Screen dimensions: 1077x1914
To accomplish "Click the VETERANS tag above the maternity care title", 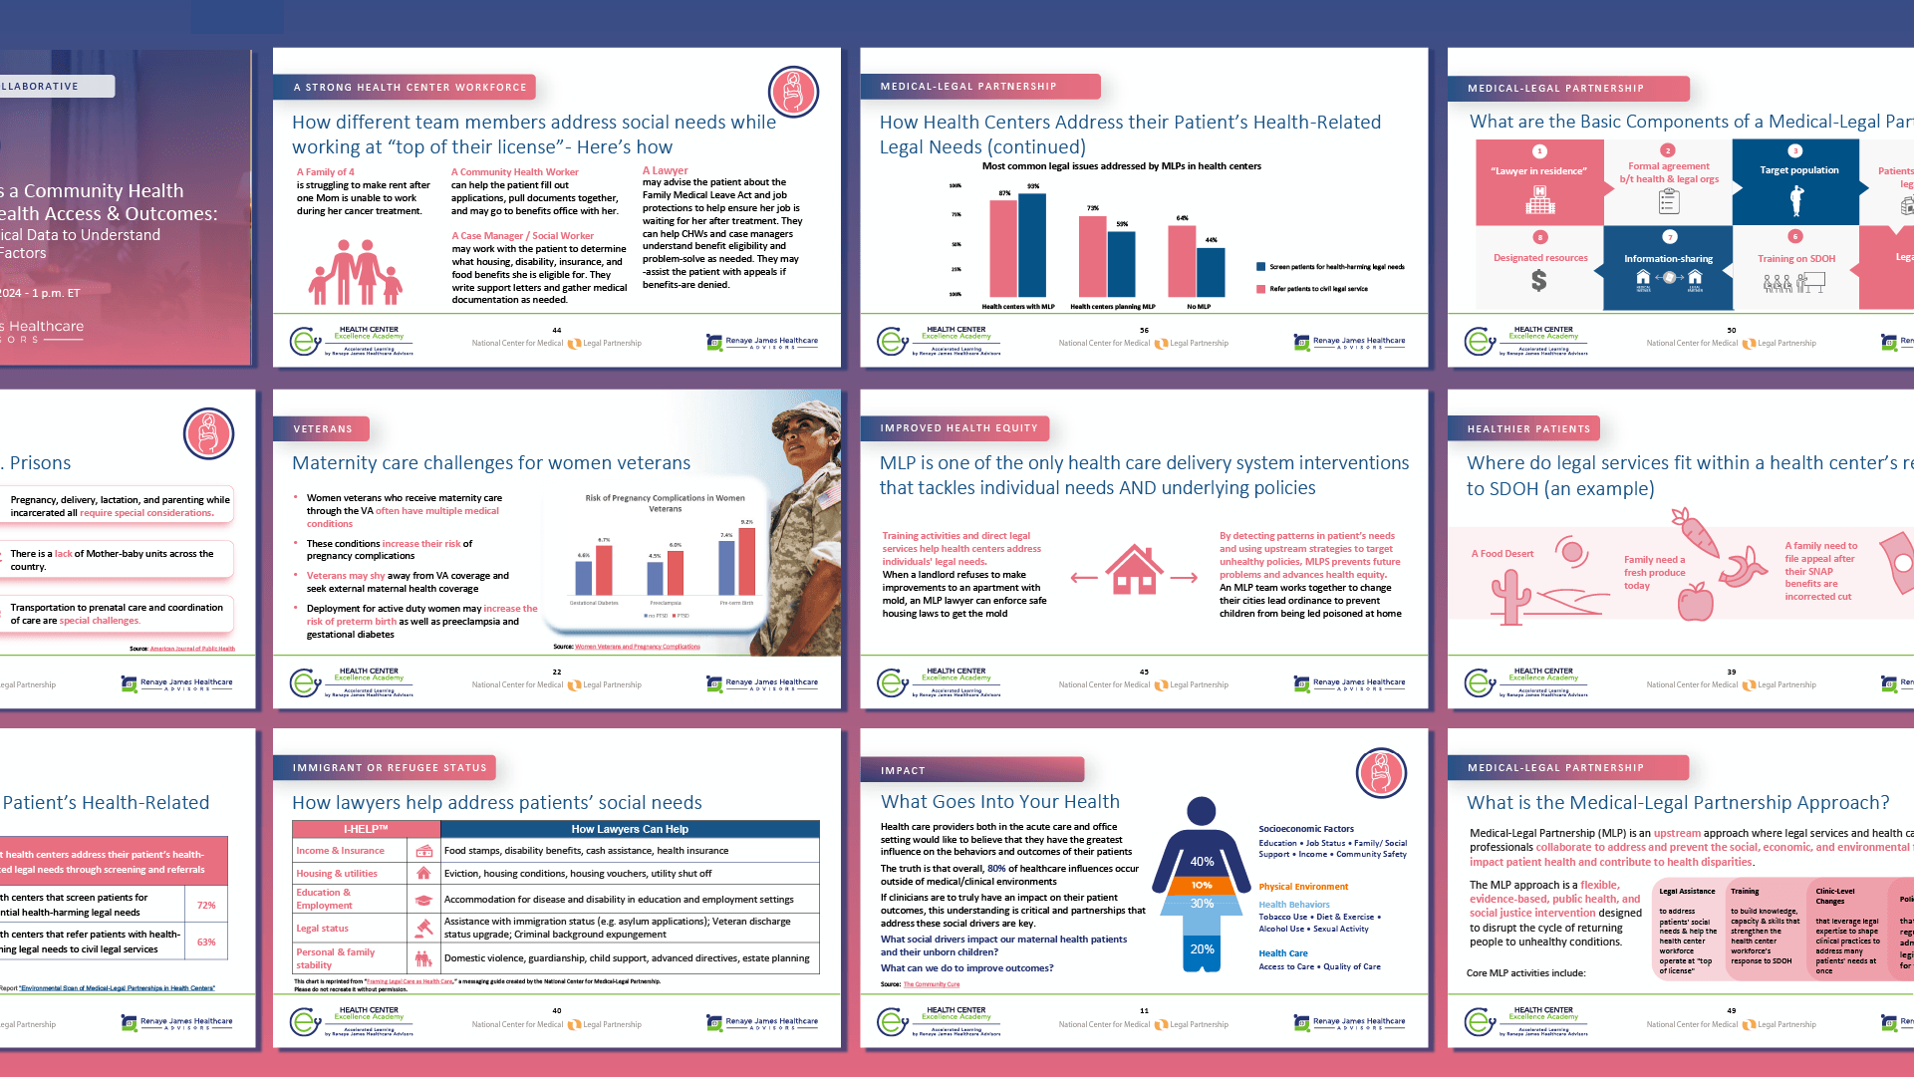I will [322, 429].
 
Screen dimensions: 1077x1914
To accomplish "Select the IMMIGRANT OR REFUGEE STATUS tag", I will [390, 768].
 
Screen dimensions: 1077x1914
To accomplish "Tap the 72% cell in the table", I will [206, 906].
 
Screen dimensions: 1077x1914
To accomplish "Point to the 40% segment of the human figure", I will [1202, 861].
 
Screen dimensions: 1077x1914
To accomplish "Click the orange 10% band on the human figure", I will [1202, 885].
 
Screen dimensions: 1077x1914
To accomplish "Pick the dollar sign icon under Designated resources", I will [1539, 282].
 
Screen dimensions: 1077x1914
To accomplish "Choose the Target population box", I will [1796, 182].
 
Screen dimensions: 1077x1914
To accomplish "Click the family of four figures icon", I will [356, 272].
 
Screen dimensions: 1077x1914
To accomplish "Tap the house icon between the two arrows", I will [1134, 571].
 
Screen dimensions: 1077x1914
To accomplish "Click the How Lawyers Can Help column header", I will [630, 829].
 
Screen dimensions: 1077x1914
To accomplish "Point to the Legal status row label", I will [323, 929].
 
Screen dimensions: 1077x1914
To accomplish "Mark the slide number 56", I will [1144, 330].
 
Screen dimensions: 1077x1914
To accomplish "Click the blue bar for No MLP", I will [1211, 272].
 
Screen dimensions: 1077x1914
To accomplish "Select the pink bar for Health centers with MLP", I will [1003, 248].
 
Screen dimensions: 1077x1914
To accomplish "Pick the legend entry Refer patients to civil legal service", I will [1317, 289].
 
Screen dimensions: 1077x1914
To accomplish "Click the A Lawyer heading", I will [666, 170].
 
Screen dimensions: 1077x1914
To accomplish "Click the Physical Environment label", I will [1303, 887].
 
